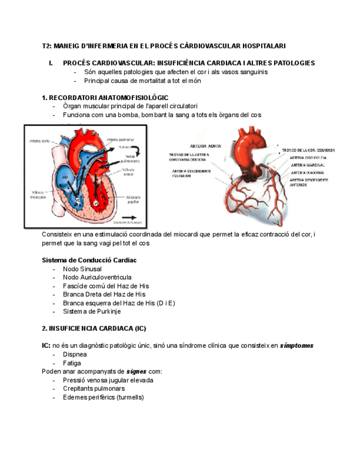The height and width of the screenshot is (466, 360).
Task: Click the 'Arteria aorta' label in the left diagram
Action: [x=40, y=141]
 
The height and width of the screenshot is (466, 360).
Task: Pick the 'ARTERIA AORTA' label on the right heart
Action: [x=202, y=146]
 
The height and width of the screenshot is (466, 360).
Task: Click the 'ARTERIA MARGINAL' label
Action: [x=307, y=165]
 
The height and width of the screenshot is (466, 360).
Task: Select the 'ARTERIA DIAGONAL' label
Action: [x=308, y=172]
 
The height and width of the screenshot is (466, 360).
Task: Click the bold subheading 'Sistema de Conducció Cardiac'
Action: [x=89, y=260]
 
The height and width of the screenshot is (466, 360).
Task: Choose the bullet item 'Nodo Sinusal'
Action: [x=82, y=269]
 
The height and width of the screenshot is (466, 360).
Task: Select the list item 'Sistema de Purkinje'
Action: [x=91, y=311]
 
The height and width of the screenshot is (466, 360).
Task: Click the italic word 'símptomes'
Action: [x=297, y=346]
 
